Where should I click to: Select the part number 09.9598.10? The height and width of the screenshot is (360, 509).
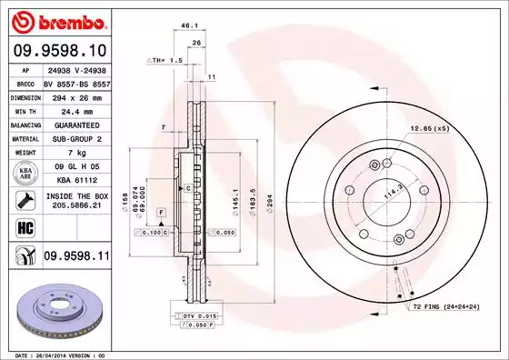tap(57, 51)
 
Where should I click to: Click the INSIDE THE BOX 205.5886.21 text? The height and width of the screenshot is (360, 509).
tap(76, 201)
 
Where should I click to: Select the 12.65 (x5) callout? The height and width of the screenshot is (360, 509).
tap(430, 128)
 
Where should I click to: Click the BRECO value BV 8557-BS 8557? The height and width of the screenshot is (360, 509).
tap(76, 82)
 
